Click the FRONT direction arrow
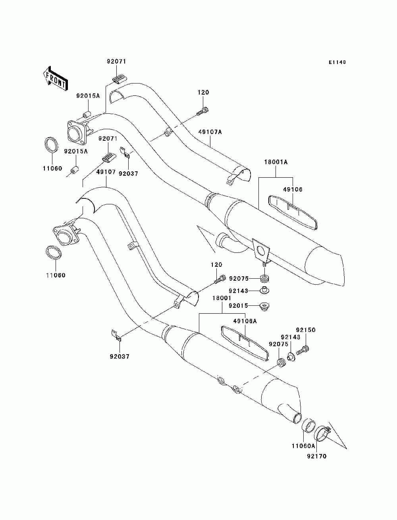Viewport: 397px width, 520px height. tap(56, 79)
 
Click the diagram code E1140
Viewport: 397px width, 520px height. tap(337, 62)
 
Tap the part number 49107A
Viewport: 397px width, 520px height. tap(210, 132)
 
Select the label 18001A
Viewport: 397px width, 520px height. tap(276, 162)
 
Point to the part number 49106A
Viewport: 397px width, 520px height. tap(245, 321)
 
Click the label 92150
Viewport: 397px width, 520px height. tap(306, 330)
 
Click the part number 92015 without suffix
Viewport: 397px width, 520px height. tap(238, 306)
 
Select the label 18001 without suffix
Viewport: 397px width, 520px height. tap(222, 298)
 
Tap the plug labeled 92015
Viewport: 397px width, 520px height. tap(265, 306)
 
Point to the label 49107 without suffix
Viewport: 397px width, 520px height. tap(106, 172)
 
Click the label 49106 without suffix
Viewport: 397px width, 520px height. tap(293, 190)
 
